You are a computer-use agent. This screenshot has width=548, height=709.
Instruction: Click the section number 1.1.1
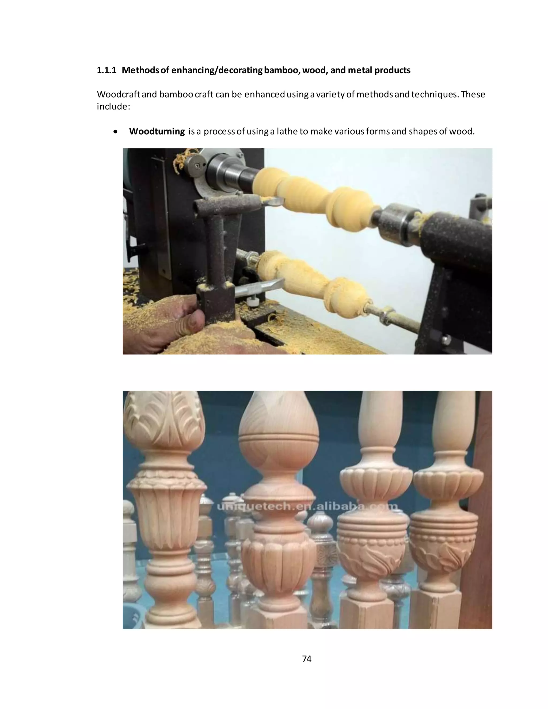pos(106,70)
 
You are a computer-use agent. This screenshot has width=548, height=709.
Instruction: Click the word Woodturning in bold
pos(157,131)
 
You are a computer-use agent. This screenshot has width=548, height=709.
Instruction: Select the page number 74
pos(306,659)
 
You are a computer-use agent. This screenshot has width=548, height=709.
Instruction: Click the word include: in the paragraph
pos(113,106)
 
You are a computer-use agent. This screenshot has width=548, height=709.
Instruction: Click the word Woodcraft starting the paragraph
pos(119,94)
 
